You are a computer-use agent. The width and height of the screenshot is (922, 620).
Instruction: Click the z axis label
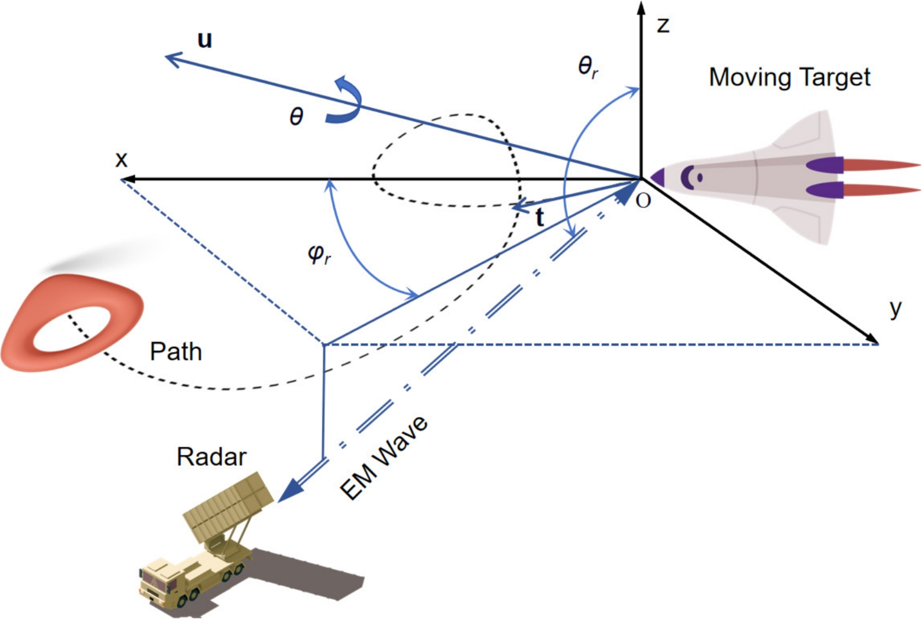click(x=663, y=25)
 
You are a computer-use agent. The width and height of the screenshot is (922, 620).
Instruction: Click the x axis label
click(x=121, y=160)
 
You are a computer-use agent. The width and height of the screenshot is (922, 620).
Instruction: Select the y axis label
click(x=896, y=308)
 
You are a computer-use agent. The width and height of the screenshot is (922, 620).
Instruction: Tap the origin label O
click(x=643, y=201)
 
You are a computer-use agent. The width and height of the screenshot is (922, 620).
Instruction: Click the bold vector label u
click(x=204, y=40)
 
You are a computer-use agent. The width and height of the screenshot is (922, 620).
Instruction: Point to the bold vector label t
click(x=539, y=218)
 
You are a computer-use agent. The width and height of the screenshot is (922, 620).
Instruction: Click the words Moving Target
click(x=790, y=77)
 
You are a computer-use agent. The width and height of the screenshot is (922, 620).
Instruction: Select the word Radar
click(x=211, y=457)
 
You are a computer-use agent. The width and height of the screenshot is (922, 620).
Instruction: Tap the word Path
click(x=176, y=352)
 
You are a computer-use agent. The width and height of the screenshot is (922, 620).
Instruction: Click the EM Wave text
click(x=384, y=458)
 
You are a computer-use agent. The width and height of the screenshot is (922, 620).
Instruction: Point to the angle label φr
click(x=319, y=254)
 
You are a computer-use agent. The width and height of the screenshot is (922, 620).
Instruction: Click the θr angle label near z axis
click(x=587, y=66)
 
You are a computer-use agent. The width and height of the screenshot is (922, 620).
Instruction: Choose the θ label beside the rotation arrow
click(x=296, y=116)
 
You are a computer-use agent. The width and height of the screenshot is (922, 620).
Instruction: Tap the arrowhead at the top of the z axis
click(x=641, y=9)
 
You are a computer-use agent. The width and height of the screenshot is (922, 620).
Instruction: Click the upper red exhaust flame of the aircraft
click(x=881, y=165)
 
